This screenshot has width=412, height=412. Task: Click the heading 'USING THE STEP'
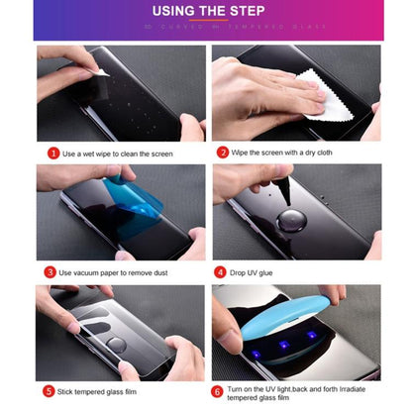point(206,13)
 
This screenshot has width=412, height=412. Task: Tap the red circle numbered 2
point(223,154)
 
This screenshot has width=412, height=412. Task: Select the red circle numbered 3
point(50,271)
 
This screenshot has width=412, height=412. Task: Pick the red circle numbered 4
point(220,271)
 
